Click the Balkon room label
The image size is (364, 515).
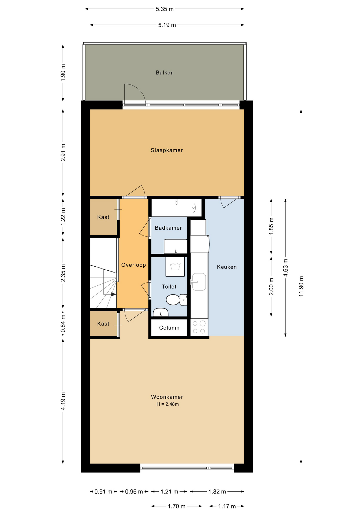[x=165, y=73]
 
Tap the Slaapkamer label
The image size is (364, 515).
[x=167, y=150]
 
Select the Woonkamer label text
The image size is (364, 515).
[x=167, y=397]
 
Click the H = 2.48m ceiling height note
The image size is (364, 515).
[x=168, y=404]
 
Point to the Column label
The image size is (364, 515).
[x=169, y=328]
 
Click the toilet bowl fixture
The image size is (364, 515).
[x=176, y=300]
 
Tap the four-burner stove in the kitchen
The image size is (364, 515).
[x=199, y=327]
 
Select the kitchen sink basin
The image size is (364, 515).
[x=199, y=282]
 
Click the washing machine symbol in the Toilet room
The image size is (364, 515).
[x=175, y=267]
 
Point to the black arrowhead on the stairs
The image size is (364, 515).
[x=114, y=294]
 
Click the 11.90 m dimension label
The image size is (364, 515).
[x=301, y=286]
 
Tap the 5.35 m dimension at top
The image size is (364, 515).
[x=165, y=9]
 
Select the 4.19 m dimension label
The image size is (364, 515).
[x=63, y=401]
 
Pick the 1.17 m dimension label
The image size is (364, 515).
[x=227, y=506]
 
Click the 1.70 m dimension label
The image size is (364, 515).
[x=177, y=506]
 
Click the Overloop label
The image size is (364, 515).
[x=133, y=265]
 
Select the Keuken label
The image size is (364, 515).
[x=227, y=267]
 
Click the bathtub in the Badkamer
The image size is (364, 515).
[x=176, y=208]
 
